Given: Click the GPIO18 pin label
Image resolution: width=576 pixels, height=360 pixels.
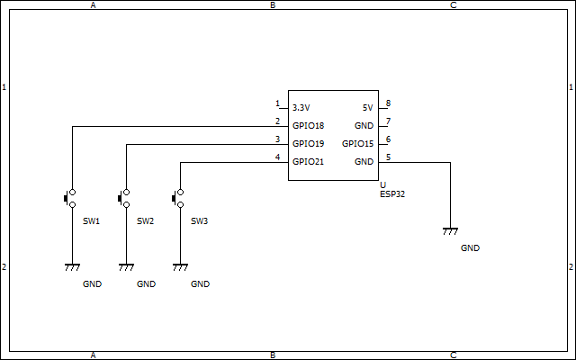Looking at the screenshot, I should (x=308, y=126).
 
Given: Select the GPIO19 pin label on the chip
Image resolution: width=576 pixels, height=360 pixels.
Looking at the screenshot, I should (x=308, y=144).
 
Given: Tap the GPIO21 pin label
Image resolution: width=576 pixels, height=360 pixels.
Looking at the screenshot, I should (x=308, y=162).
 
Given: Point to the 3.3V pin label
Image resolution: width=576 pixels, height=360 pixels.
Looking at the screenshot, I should (x=301, y=108).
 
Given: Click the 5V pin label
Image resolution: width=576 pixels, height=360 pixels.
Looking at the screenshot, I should (x=367, y=108).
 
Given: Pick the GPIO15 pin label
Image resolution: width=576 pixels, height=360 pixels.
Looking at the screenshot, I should (x=357, y=144).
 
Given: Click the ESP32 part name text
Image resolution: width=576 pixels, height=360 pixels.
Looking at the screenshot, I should (x=392, y=193).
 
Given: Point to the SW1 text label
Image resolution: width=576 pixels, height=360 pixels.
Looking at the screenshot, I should (x=92, y=220).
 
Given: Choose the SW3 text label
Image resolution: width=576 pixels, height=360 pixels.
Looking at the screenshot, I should (x=200, y=220).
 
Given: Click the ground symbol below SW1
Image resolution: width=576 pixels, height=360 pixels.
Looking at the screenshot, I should (x=72, y=266).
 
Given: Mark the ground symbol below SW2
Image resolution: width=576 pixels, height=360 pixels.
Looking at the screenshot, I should (x=126, y=266).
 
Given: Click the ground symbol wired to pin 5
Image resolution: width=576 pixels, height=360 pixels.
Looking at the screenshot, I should (x=450, y=231).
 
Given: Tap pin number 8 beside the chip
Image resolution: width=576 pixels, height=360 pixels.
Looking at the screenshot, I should (x=388, y=103).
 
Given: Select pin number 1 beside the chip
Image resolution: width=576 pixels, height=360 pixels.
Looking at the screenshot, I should (x=278, y=103).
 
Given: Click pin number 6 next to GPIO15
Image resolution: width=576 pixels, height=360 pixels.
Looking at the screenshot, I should (x=388, y=139).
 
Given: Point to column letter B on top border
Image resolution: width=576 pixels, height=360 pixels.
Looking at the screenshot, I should (x=273, y=5).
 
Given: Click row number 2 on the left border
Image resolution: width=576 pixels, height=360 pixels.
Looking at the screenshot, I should (x=4, y=267).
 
